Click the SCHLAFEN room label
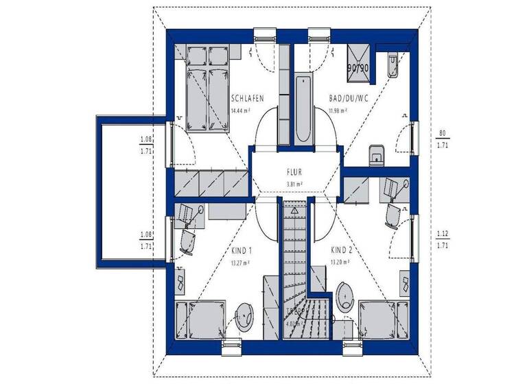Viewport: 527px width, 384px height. click(x=248, y=99)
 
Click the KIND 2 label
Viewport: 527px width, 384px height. click(x=341, y=250)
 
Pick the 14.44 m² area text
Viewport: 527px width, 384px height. click(x=240, y=110)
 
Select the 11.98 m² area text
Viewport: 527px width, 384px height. click(x=338, y=110)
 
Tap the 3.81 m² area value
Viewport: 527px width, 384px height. click(x=294, y=184)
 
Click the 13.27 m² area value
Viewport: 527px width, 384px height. click(x=240, y=262)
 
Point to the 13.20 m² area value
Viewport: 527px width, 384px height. click(x=340, y=262)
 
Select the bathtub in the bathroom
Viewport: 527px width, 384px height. click(x=303, y=110)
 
